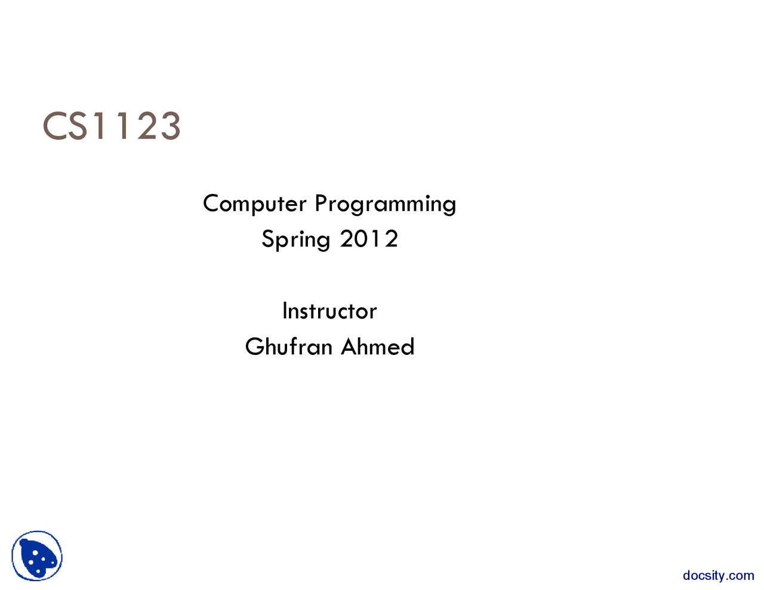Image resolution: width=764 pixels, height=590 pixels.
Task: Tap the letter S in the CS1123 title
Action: coord(77,126)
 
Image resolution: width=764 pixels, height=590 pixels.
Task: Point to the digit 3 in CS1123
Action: coord(170,126)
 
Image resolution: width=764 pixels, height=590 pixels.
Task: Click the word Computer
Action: coord(254,204)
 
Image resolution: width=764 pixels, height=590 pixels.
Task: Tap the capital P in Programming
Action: coord(321,203)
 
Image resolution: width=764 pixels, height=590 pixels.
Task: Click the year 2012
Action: coord(369,239)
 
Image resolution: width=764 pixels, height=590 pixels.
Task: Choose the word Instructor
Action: coord(329,311)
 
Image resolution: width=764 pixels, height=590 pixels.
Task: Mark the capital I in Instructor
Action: coord(285,311)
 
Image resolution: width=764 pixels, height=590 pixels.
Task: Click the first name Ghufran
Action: coord(288,347)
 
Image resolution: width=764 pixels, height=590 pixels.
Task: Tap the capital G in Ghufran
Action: coord(254,347)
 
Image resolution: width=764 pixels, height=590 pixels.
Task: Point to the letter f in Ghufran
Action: coord(295,346)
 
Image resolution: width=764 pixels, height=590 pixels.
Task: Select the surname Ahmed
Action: coord(377,347)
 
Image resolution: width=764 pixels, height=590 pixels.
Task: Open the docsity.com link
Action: coord(718,576)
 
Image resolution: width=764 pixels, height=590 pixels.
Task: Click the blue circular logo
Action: coord(37,556)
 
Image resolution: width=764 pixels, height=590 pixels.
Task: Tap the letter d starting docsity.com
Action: coord(687,576)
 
